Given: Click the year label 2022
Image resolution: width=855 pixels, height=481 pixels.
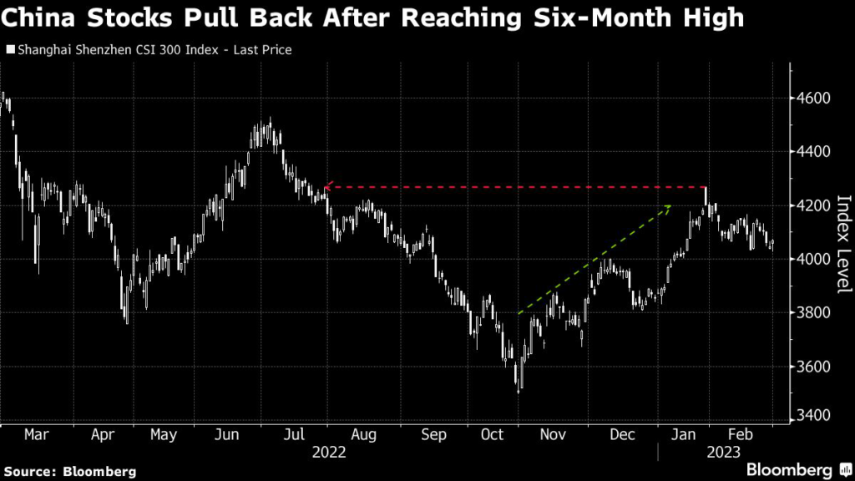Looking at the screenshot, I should (328, 453).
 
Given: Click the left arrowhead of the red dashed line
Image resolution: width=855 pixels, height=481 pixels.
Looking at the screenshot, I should (326, 187).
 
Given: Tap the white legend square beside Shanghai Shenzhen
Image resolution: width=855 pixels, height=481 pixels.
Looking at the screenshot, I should (9, 51).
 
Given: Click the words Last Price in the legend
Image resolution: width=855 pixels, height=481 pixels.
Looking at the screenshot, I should (263, 51).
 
